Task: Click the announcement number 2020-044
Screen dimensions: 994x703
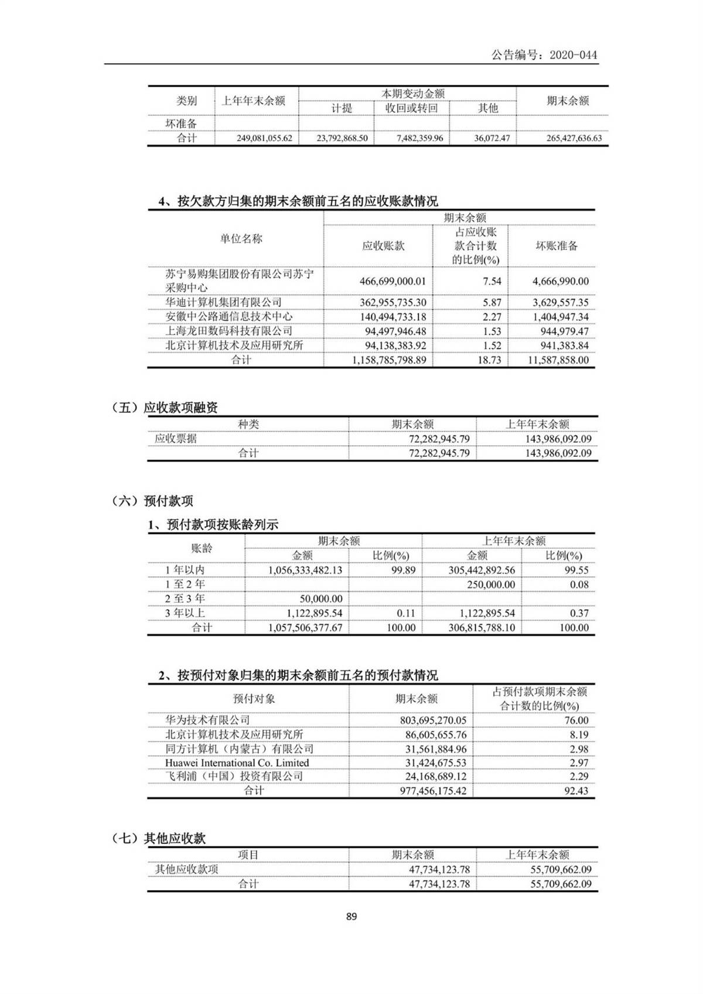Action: click(575, 55)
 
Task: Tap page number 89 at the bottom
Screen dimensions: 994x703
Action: click(351, 916)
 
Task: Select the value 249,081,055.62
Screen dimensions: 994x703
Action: click(257, 139)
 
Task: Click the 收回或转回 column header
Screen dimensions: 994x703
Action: click(411, 108)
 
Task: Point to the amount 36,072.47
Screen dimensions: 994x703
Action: click(492, 139)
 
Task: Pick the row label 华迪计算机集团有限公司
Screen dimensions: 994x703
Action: click(223, 302)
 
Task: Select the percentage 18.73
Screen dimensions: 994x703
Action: click(489, 360)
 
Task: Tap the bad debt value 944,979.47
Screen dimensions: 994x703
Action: click(561, 331)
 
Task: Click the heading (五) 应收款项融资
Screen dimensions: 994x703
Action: click(165, 408)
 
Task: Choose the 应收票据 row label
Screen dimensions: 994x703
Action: click(176, 439)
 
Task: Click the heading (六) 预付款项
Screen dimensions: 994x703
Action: click(152, 501)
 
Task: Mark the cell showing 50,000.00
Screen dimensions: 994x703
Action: click(321, 599)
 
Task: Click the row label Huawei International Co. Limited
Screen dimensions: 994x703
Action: click(237, 763)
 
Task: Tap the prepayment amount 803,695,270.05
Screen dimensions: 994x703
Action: click(433, 720)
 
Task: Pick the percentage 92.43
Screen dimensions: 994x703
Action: click(576, 791)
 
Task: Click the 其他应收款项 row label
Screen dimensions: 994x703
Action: click(186, 869)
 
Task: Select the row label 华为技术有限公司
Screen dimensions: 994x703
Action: click(207, 720)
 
